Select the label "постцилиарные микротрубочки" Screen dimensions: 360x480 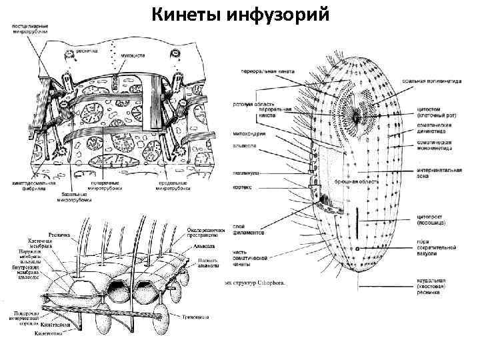(x=31, y=28)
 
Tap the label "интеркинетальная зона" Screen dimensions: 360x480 (x=437, y=173)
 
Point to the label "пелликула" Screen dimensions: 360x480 (x=246, y=172)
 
